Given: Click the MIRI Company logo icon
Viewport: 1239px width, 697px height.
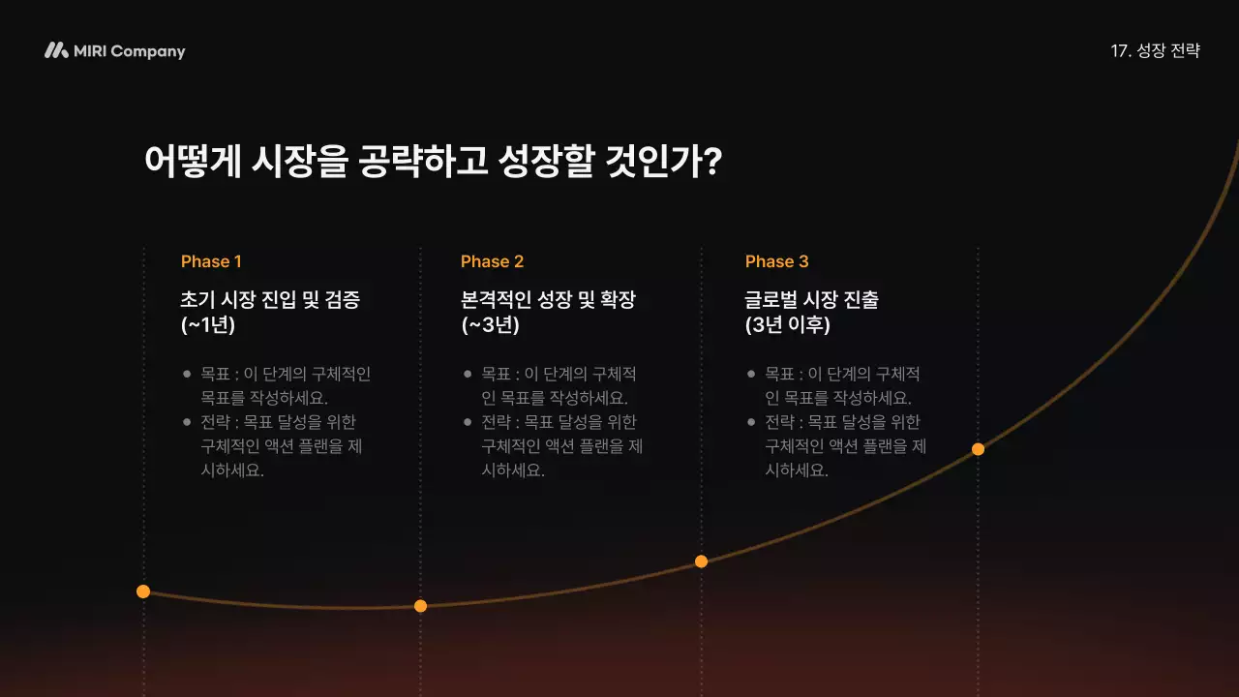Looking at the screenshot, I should click(x=56, y=50).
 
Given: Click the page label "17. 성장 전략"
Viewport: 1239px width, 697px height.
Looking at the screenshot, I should click(x=1155, y=51).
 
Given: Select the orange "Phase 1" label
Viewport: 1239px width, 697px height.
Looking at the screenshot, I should click(x=211, y=261).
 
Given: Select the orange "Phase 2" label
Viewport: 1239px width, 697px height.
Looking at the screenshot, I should click(x=492, y=261).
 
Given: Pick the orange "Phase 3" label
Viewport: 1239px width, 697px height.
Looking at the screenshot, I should click(x=776, y=261).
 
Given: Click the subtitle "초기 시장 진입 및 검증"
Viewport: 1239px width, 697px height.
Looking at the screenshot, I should click(x=270, y=299).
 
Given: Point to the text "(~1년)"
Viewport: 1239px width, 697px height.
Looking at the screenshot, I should click(x=208, y=325).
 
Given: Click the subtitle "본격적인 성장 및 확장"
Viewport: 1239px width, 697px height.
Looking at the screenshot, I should click(x=548, y=299).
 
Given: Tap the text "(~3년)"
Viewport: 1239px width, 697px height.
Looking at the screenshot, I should click(x=490, y=325).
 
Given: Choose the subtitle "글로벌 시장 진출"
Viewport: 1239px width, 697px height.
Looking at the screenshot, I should click(x=811, y=299).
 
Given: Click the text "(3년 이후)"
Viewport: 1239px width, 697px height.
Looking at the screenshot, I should click(x=788, y=325).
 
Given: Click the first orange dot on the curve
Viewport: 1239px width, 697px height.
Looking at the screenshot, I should click(x=143, y=591).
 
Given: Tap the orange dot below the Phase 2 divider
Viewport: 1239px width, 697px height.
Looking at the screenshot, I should click(x=420, y=606).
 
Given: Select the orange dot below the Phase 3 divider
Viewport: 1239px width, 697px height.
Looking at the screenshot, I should click(x=701, y=561).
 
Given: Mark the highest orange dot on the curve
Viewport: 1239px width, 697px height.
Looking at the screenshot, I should click(x=978, y=449).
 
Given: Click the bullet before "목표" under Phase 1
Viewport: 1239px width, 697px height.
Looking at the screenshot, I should click(x=186, y=374).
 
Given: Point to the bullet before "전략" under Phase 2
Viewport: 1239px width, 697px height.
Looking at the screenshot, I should click(x=468, y=422).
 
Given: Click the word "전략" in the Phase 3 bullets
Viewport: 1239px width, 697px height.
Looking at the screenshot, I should click(x=779, y=422).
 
